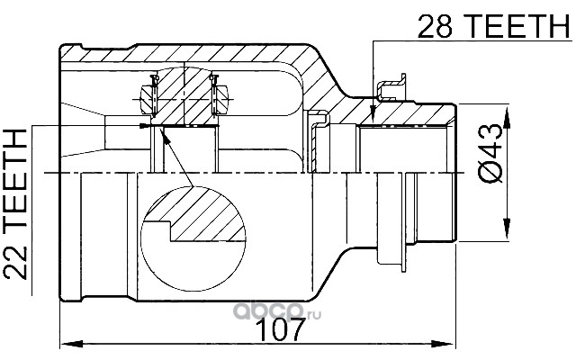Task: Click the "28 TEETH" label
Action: (493, 26)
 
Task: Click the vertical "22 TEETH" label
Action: (15, 204)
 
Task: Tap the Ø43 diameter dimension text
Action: (490, 154)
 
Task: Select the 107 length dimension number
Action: (280, 329)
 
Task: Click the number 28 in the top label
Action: (435, 26)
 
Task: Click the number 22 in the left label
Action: (15, 263)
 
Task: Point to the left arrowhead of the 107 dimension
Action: (71, 344)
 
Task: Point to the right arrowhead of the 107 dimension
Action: (444, 344)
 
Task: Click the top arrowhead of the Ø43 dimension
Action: (507, 118)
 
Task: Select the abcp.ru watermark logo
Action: (277, 313)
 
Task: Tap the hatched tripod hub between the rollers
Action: (184, 96)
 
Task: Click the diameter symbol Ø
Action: (490, 172)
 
